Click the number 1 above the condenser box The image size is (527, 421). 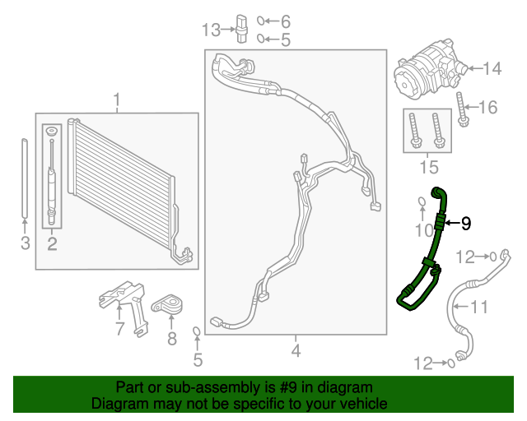tap(116, 101)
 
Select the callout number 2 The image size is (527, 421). tap(51, 243)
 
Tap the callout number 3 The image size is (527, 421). tap(25, 243)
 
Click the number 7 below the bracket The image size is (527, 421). tap(120, 329)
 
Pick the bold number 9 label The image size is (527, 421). tap(465, 222)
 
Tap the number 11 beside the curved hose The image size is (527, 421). tap(479, 308)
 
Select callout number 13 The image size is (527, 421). tap(212, 30)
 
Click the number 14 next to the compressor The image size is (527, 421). tap(492, 69)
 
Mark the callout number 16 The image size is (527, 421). tap(488, 107)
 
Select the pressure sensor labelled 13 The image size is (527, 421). tap(240, 27)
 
